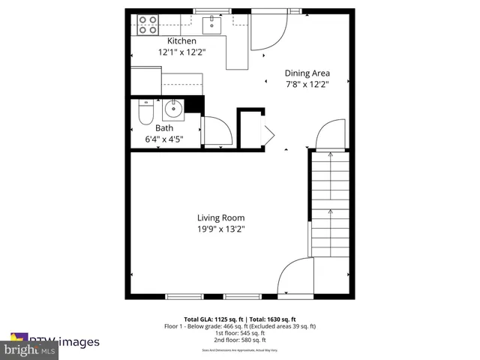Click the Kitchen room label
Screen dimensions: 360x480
tap(181, 41)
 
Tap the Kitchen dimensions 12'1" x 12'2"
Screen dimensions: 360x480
tap(181, 52)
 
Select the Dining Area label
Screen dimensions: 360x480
tap(307, 73)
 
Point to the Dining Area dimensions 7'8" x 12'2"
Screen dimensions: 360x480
tap(307, 85)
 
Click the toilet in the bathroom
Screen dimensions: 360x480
tap(145, 114)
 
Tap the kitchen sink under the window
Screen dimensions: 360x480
tap(213, 23)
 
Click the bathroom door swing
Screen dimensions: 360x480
tap(216, 132)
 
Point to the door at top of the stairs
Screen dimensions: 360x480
tap(331, 135)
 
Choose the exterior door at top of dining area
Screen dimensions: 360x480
tap(267, 32)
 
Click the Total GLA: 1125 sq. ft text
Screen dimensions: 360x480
tap(211, 319)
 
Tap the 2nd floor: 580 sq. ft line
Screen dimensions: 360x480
tap(240, 340)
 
